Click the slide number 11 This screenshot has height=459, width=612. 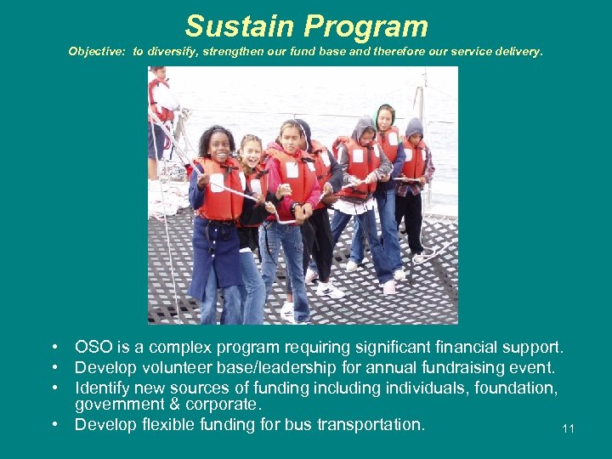(568, 428)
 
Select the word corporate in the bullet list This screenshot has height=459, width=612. (221, 405)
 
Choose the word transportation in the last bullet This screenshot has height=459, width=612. (371, 424)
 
